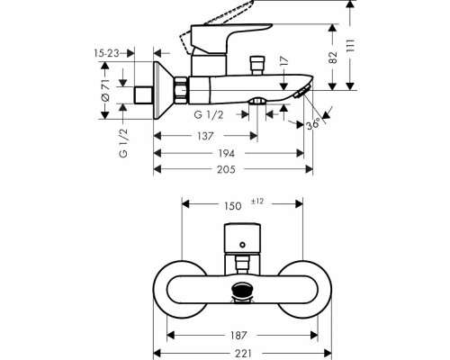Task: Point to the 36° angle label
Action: point(312,125)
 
